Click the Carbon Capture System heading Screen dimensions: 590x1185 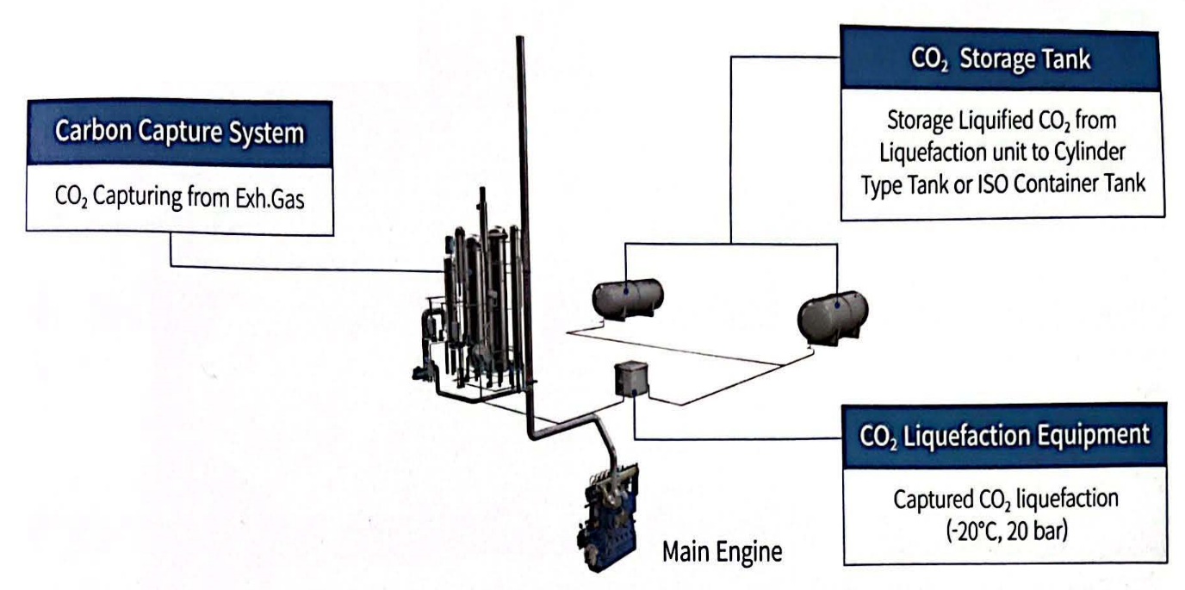click(179, 134)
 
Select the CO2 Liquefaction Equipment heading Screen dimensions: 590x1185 click(1004, 436)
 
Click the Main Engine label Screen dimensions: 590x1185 click(722, 552)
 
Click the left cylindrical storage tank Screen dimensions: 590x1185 click(629, 297)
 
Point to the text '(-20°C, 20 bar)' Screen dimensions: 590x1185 click(1003, 526)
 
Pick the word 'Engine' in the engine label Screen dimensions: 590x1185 click(755, 552)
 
